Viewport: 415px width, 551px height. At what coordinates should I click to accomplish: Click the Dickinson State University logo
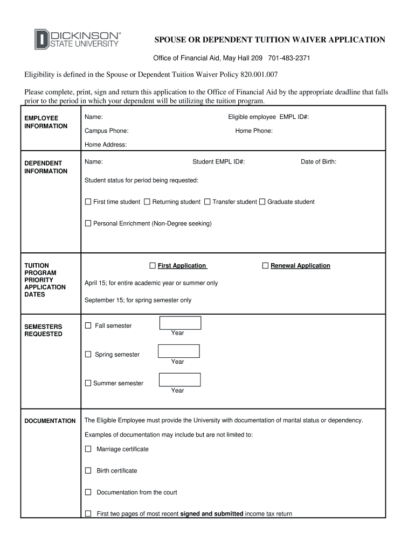(x=78, y=39)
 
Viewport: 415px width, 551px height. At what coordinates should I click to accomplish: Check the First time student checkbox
(x=88, y=202)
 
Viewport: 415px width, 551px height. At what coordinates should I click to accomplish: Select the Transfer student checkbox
(x=207, y=202)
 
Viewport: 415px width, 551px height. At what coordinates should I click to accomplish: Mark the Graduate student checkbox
(x=262, y=202)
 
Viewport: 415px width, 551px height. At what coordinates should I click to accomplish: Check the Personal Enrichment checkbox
(x=88, y=223)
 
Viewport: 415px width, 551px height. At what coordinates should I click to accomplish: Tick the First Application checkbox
(x=153, y=266)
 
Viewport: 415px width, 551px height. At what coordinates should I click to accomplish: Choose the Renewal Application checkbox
(x=265, y=266)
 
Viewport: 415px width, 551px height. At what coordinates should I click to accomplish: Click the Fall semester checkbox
(x=88, y=326)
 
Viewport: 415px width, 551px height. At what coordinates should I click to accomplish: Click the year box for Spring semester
(x=178, y=351)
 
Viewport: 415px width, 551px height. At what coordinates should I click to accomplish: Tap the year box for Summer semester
(x=179, y=379)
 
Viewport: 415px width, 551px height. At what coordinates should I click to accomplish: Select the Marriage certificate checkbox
(x=88, y=449)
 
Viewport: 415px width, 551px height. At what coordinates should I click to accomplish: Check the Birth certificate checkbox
(x=88, y=470)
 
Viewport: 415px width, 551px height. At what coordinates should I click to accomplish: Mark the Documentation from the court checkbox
(x=88, y=492)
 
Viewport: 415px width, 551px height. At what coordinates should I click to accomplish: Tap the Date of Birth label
(x=319, y=161)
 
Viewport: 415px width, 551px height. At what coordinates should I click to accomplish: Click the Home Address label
(x=106, y=145)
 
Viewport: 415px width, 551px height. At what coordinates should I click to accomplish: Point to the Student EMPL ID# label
(x=219, y=161)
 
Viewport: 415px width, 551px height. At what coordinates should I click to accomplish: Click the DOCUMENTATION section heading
(x=50, y=421)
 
